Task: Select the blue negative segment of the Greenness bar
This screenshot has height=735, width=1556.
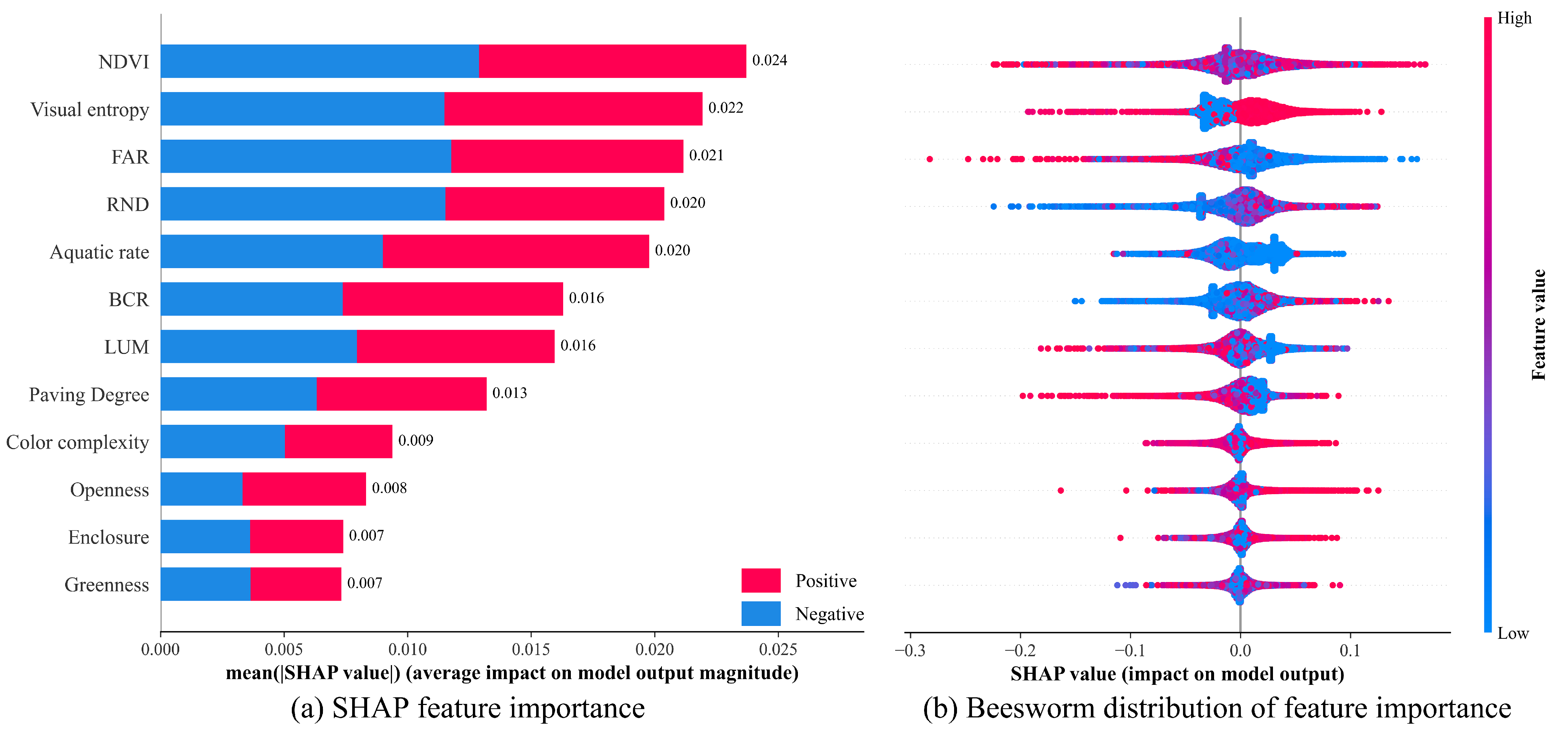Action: (x=206, y=584)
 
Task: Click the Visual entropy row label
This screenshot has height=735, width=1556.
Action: (x=89, y=109)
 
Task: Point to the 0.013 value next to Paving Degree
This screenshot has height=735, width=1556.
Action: (x=509, y=393)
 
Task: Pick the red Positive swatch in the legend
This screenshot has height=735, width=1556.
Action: (x=761, y=580)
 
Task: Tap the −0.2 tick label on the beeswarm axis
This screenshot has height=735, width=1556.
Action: (x=1020, y=650)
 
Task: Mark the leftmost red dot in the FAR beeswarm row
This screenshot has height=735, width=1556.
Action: (x=930, y=159)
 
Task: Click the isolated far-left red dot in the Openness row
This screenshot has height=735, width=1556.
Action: (x=1061, y=490)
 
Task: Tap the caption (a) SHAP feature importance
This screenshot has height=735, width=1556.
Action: (x=467, y=708)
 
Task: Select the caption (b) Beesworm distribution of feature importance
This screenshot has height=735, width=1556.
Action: (x=1217, y=708)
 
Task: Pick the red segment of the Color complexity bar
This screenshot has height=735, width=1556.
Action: (x=338, y=441)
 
